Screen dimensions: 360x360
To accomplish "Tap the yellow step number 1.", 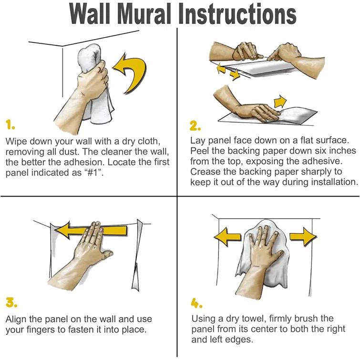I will [10, 125].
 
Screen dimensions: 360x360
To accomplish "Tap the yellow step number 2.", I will [195, 126].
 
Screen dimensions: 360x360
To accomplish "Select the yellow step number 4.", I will [196, 303].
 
